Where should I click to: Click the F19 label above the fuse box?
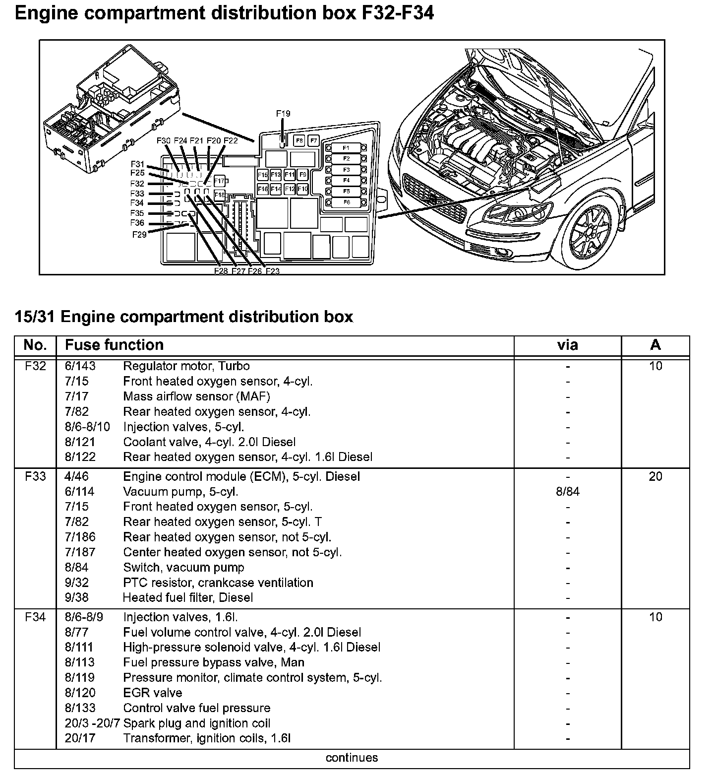[283, 114]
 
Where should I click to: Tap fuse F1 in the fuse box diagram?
[346, 148]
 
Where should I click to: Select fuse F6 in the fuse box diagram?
[346, 202]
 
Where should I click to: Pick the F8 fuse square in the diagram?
[299, 141]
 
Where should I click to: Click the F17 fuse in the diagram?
[219, 181]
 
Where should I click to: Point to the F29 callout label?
[139, 235]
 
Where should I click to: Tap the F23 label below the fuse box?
[272, 271]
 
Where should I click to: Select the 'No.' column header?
[35, 345]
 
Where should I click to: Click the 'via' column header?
[567, 345]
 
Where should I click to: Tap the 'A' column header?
[655, 345]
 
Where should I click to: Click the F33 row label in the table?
[35, 477]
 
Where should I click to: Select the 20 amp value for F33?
[655, 477]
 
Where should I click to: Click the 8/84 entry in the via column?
[567, 492]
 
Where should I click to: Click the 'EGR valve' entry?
[153, 693]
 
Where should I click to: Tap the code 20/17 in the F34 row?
[80, 738]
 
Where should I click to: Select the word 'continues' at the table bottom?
[352, 758]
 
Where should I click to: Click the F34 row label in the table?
[35, 617]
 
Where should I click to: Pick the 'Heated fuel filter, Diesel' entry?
[188, 597]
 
